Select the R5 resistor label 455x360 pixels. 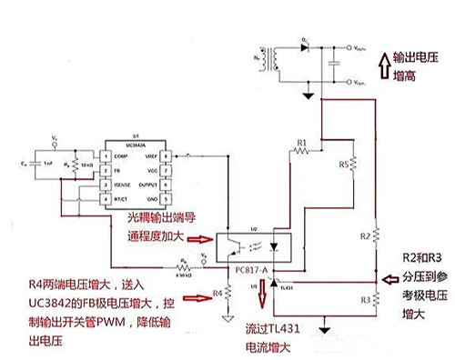[x=342, y=165]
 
